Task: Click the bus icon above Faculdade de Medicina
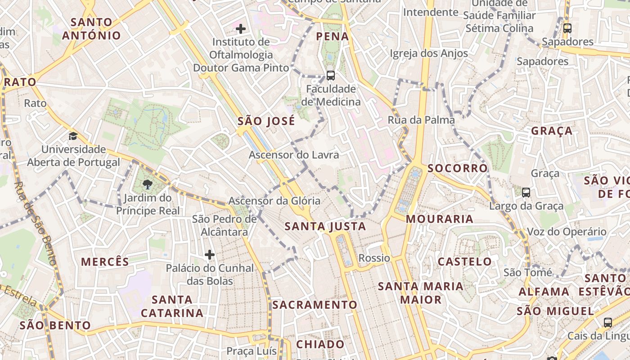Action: pos(331,75)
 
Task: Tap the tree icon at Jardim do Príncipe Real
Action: pos(147,184)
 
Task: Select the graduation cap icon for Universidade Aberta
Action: pos(73,136)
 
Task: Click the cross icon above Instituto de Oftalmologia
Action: pos(241,29)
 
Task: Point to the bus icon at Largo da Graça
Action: pos(526,193)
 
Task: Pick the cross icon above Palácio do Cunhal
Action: pos(209,255)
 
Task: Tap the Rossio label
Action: pos(374,258)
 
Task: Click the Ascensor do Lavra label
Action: pos(293,155)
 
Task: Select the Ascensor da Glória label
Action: pos(274,201)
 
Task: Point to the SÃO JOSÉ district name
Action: pos(266,121)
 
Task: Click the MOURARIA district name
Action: pos(439,219)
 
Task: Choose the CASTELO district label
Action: pos(465,261)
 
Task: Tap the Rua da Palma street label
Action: pos(421,120)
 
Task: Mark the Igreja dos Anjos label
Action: pos(428,54)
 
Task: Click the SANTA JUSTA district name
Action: pos(326,226)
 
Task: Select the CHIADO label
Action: pos(320,344)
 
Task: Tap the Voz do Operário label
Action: pos(566,232)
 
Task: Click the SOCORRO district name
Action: pos(457,168)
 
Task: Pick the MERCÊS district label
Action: pos(105,261)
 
